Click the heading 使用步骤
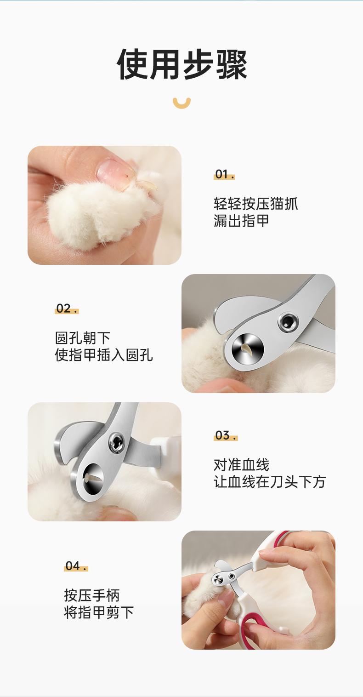181,64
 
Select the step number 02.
67,309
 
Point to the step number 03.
226,435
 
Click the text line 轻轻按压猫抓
255,204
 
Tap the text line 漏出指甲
241,221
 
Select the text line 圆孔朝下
83,338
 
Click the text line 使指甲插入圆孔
104,355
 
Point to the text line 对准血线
241,465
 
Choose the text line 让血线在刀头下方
270,482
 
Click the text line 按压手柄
92,595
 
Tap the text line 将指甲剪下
99,612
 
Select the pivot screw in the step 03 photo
117,442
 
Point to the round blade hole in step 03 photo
93,479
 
